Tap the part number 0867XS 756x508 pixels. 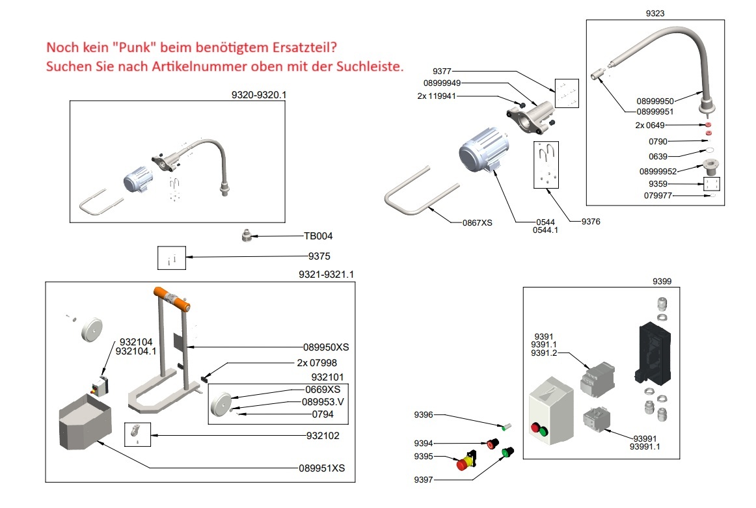tap(477, 222)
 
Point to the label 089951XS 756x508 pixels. tap(321, 468)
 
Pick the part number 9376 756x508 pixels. tap(591, 222)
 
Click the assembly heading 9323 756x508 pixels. tap(654, 12)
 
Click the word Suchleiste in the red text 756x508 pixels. tap(366, 66)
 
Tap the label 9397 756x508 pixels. tap(424, 481)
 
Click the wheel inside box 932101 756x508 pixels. tap(224, 404)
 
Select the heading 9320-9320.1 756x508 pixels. tap(259, 94)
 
